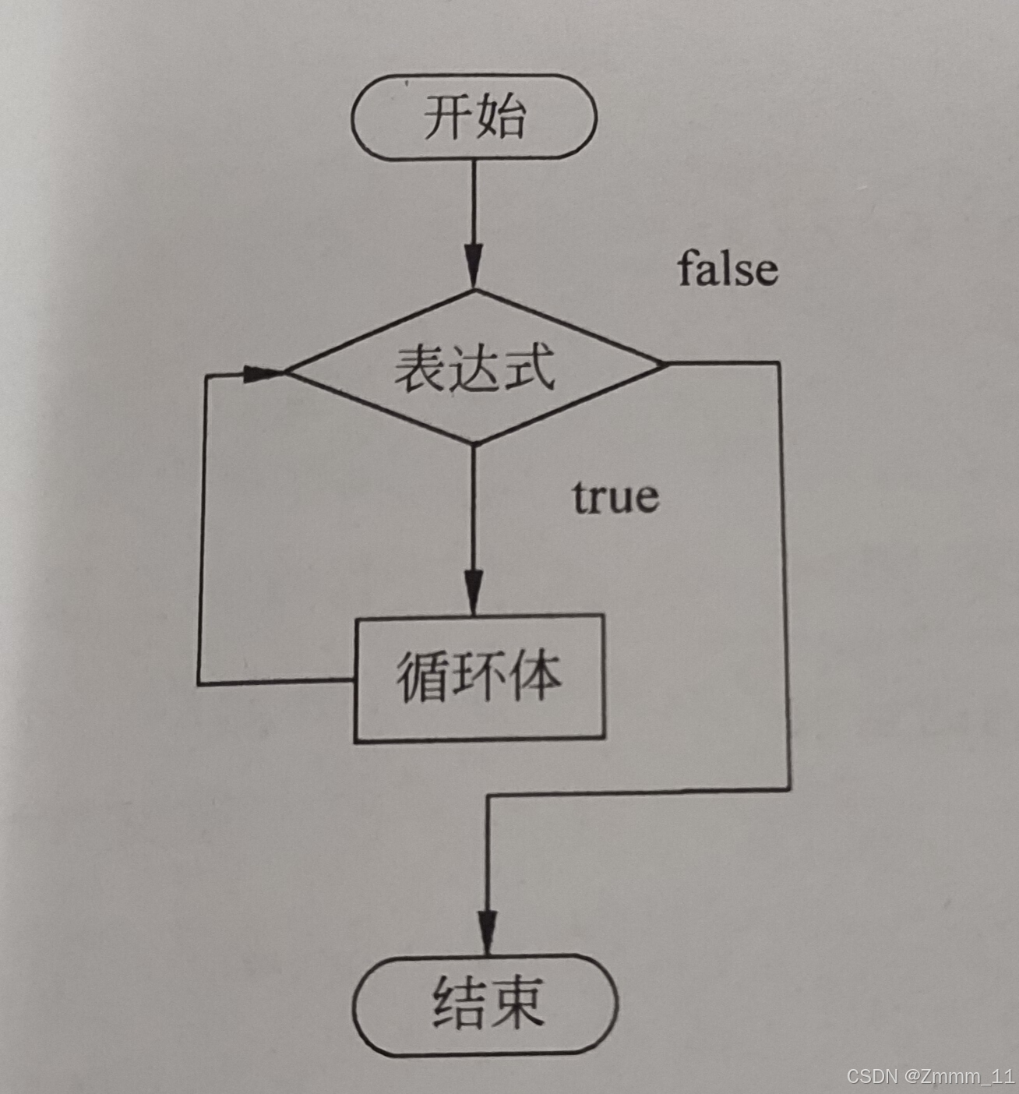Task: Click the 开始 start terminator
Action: (x=474, y=117)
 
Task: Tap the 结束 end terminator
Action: (x=485, y=1004)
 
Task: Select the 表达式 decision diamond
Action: (x=474, y=367)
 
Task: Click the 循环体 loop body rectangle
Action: (x=479, y=677)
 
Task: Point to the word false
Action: (x=728, y=269)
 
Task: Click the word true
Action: (x=615, y=496)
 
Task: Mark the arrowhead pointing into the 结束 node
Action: (x=488, y=931)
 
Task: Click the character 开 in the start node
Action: (x=448, y=117)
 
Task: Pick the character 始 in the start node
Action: (x=500, y=117)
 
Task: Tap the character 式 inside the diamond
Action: (x=529, y=367)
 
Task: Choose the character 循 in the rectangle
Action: (x=423, y=677)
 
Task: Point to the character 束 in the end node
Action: (x=513, y=1003)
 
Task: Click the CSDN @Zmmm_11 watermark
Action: (x=930, y=1077)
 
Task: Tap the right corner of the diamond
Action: (x=662, y=363)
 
